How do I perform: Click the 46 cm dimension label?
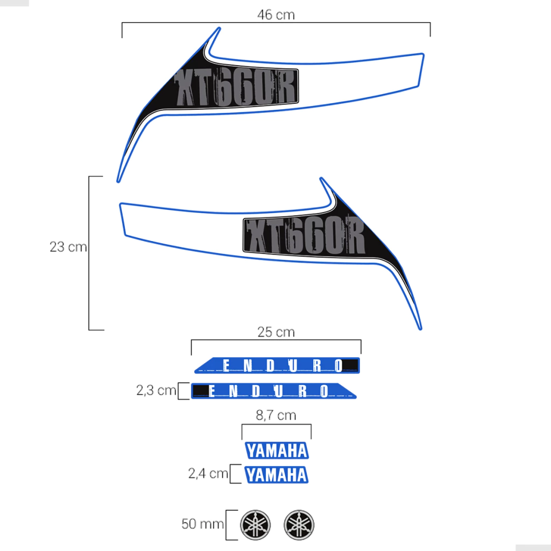(276, 15)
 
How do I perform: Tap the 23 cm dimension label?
(68, 246)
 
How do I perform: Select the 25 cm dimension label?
(276, 332)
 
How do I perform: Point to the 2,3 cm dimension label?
(156, 390)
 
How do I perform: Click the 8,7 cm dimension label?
(276, 415)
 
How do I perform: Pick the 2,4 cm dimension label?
(208, 474)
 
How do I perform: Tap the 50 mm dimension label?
(202, 524)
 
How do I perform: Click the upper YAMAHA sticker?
(277, 450)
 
